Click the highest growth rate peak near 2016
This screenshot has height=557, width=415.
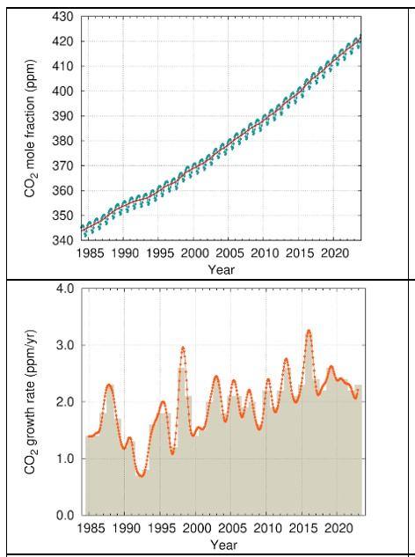point(309,331)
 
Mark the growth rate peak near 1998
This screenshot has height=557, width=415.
point(183,348)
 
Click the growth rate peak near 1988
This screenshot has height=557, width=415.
point(109,385)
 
